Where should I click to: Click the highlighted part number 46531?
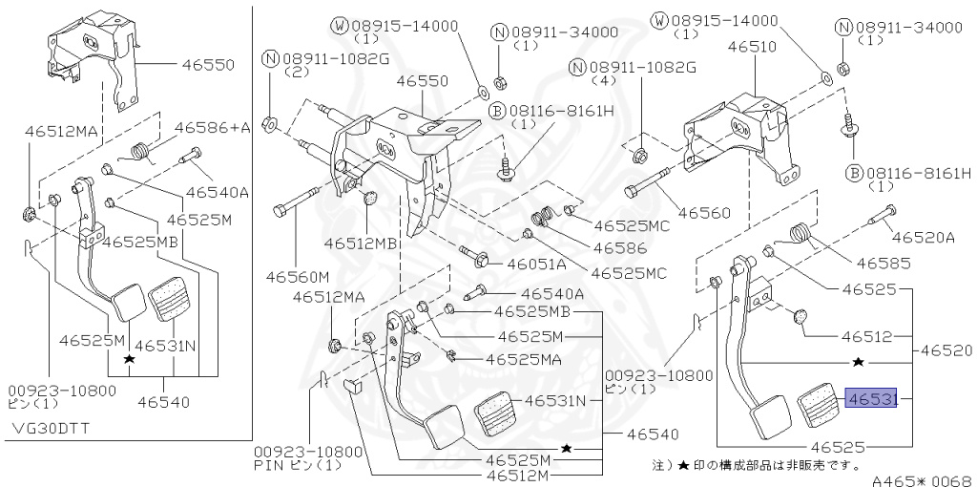pyautogui.click(x=871, y=400)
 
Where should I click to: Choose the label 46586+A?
pyautogui.click(x=211, y=127)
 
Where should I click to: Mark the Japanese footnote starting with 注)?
pyautogui.click(x=754, y=465)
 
